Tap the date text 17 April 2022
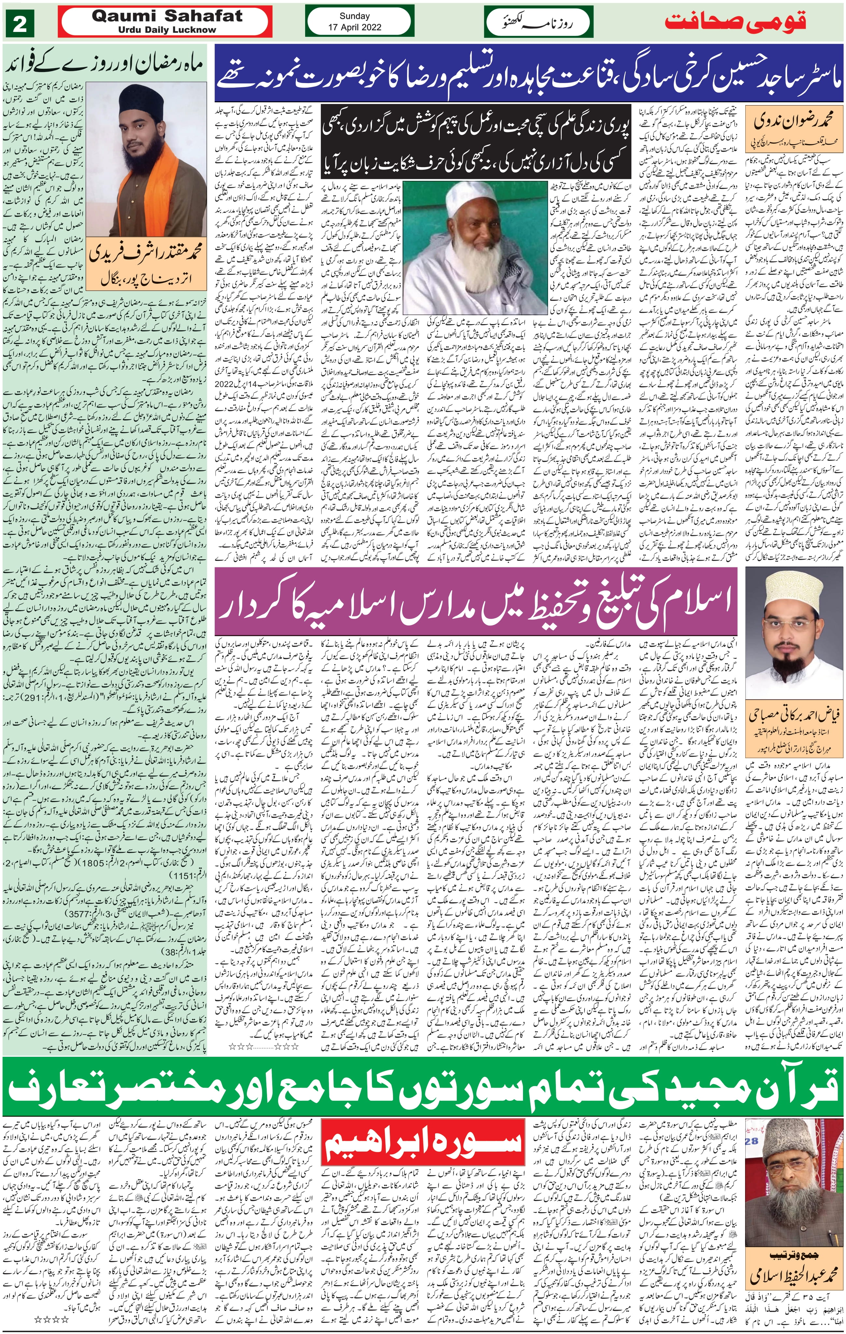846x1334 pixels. tap(354, 27)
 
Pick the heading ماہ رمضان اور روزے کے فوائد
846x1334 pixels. tap(105, 65)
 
